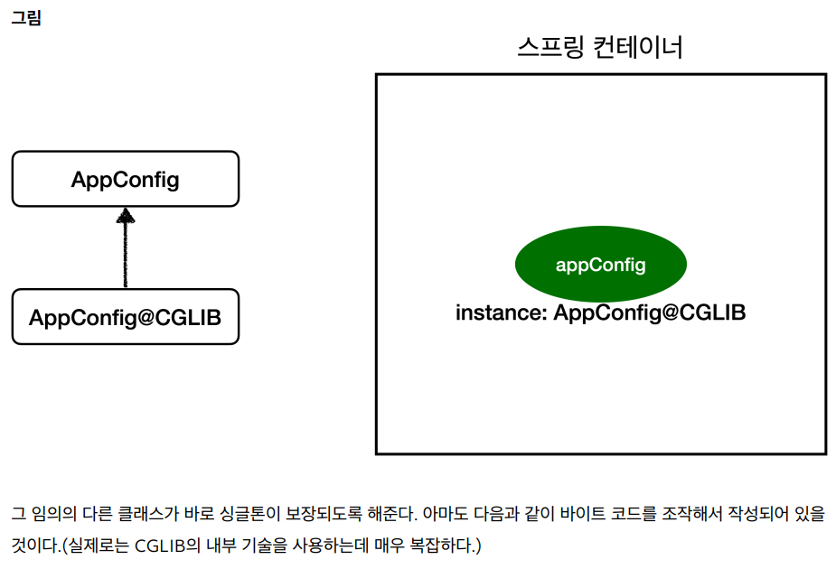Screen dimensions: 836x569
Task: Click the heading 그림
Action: (x=26, y=18)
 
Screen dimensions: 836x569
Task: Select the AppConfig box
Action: (x=126, y=179)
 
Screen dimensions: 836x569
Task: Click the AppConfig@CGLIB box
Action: (x=126, y=317)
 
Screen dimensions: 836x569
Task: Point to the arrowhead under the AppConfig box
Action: (x=126, y=216)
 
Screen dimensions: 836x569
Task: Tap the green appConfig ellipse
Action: (x=600, y=265)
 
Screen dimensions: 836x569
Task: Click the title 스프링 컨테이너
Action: (x=600, y=47)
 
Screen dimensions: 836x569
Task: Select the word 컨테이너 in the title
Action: (x=638, y=47)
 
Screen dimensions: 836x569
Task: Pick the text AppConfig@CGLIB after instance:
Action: (x=649, y=313)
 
